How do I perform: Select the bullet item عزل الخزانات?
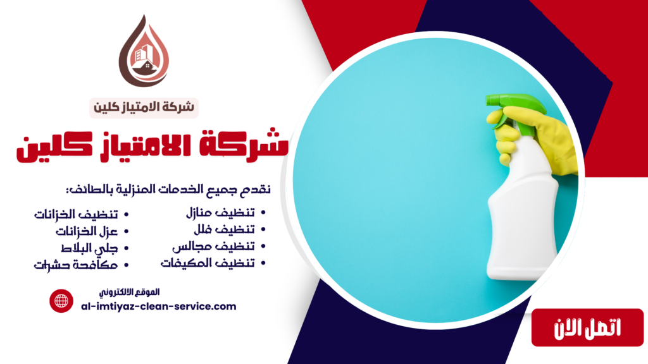point(87,231)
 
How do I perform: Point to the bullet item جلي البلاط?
point(93,248)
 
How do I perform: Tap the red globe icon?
point(62,301)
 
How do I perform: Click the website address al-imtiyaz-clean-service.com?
point(159,306)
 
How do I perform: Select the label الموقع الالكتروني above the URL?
point(130,292)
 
